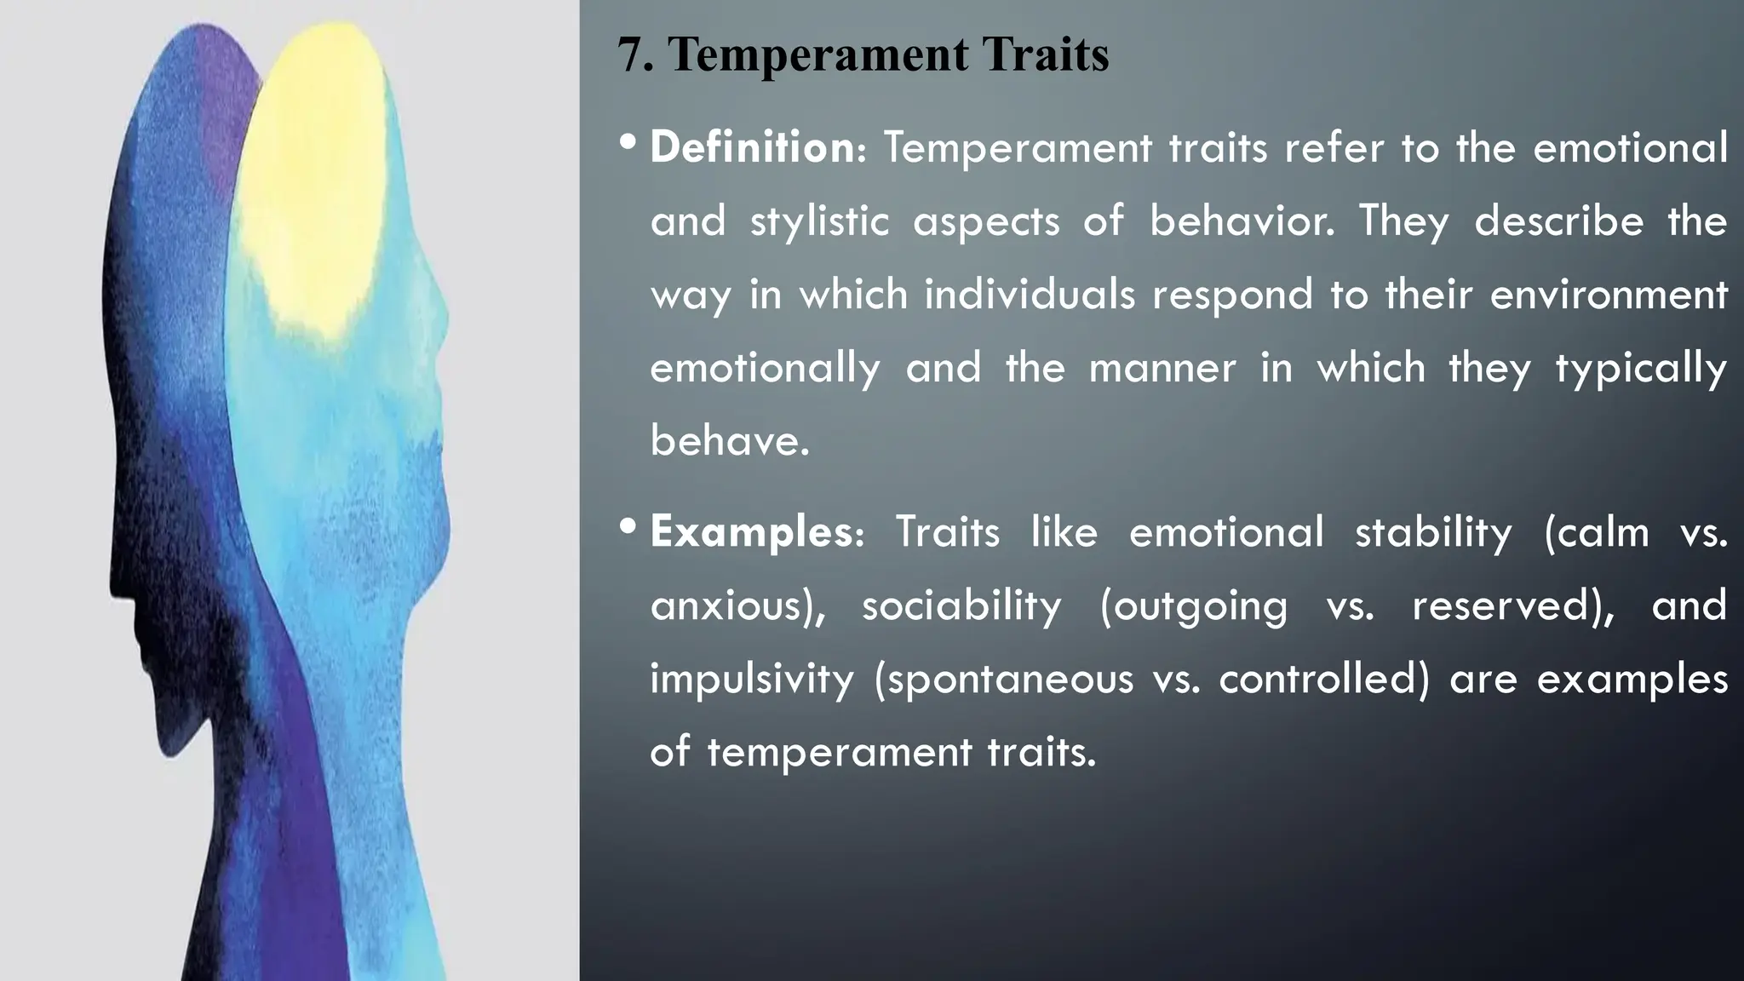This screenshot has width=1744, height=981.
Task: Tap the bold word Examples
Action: pos(751,532)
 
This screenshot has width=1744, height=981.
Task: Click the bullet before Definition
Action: pos(628,142)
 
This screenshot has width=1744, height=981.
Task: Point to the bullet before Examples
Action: pos(628,527)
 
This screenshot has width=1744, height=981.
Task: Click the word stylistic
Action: pos(819,222)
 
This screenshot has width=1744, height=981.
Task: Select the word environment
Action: pos(1609,295)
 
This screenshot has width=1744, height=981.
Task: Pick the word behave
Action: pos(729,441)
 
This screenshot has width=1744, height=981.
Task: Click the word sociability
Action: pos(961,605)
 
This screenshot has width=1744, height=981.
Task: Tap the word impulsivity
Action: pos(751,680)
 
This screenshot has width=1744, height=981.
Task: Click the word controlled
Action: pos(1323,679)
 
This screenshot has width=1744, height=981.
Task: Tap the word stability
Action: pos(1433,533)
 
